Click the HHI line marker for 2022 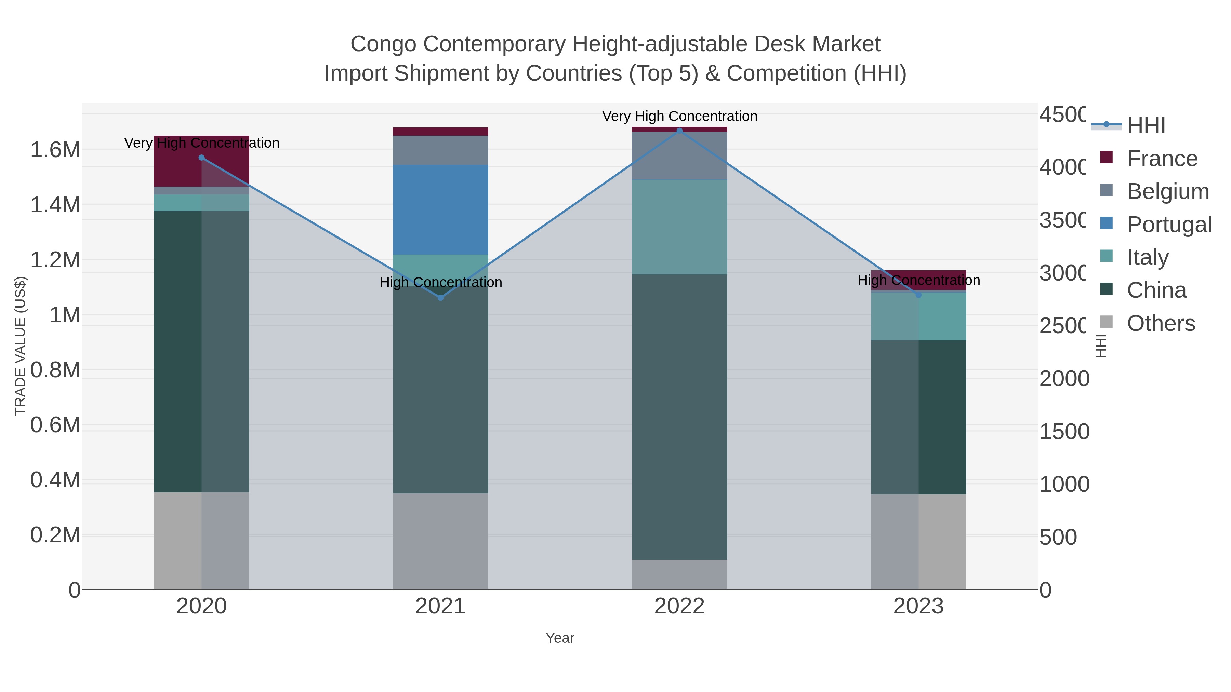tap(679, 131)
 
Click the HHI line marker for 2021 tap(441, 298)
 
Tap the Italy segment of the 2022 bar tap(679, 227)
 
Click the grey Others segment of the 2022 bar tap(679, 574)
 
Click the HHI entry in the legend tap(1146, 126)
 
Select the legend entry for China tap(1156, 290)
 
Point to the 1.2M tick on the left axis tap(55, 260)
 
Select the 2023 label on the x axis tap(918, 607)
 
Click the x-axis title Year tap(559, 638)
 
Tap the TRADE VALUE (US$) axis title tap(20, 346)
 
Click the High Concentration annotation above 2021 tap(441, 282)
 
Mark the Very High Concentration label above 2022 tap(679, 116)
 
